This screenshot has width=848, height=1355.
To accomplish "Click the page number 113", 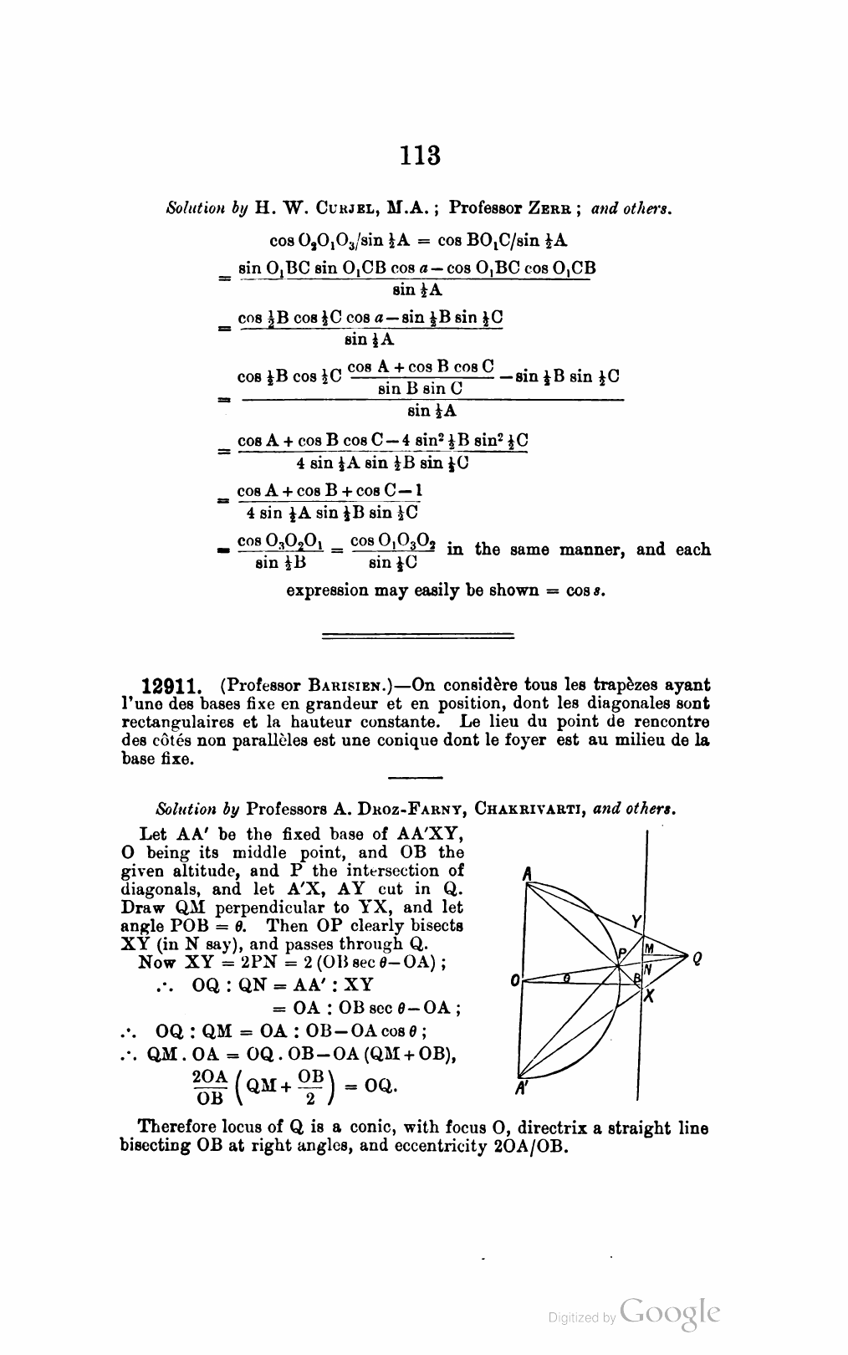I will click(420, 156).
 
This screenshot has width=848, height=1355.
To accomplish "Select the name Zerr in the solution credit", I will click(551, 209).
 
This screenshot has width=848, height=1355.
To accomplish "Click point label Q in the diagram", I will click(696, 960).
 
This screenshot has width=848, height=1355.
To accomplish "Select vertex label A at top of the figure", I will click(527, 873).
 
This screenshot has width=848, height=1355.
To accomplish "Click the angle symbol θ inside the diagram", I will click(567, 975).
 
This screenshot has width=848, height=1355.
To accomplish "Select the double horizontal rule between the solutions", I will click(417, 637).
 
